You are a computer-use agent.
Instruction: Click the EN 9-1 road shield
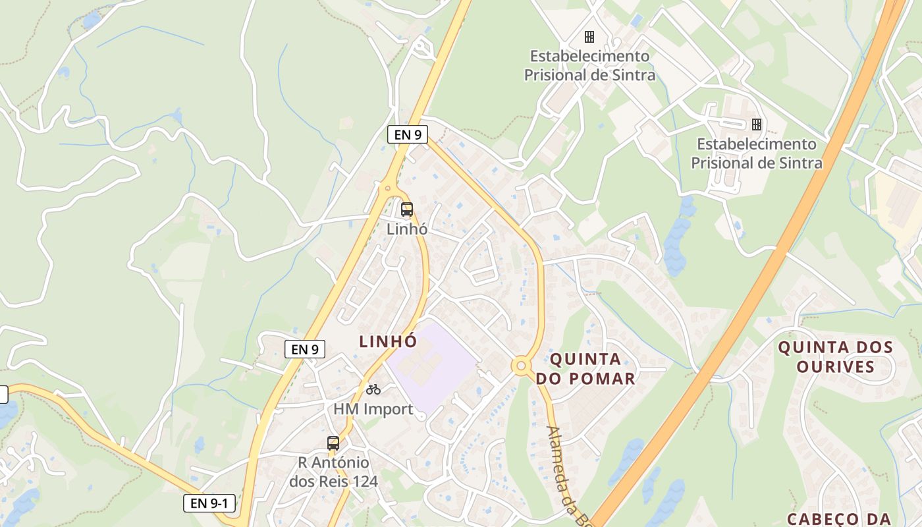(209, 504)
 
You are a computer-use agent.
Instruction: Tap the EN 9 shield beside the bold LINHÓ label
(305, 349)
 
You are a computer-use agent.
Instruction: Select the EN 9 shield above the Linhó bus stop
(408, 135)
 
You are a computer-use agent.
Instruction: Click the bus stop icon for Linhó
(407, 210)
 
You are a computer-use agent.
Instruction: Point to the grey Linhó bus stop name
(407, 229)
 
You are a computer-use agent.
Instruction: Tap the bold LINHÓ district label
(388, 341)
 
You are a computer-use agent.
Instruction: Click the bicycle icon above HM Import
(373, 389)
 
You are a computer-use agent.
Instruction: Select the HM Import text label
(373, 409)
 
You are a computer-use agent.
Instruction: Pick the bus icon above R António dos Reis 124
(333, 443)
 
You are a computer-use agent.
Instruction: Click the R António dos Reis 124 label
(333, 472)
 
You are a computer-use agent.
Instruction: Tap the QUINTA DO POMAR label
(585, 368)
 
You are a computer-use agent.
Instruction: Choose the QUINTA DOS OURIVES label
(835, 357)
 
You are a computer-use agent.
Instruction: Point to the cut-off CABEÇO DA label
(838, 519)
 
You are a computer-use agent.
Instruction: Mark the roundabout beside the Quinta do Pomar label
(522, 364)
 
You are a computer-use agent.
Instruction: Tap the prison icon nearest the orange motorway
(757, 124)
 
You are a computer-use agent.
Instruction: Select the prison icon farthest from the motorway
(589, 36)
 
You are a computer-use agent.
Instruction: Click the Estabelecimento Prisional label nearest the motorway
(757, 153)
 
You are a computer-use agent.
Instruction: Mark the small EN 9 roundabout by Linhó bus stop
(388, 189)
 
